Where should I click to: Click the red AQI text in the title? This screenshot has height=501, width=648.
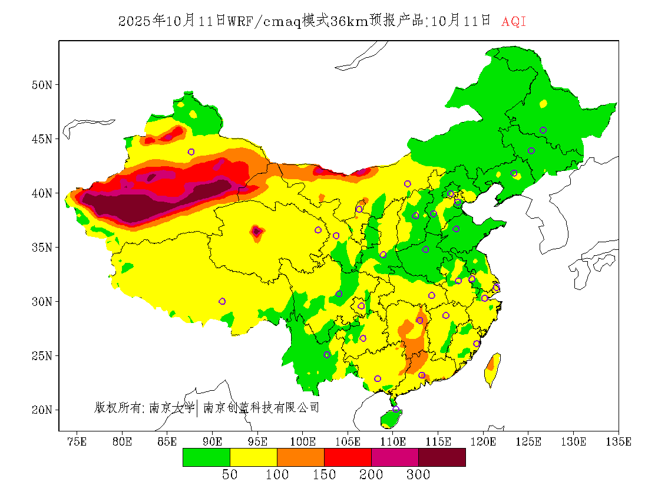(514, 22)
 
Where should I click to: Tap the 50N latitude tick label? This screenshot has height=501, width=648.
(41, 84)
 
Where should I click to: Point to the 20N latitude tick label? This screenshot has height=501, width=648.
(41, 410)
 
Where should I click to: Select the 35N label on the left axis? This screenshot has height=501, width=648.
(41, 247)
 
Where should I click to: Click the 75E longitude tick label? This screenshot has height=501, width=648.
(77, 441)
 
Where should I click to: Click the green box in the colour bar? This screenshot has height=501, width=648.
(206, 457)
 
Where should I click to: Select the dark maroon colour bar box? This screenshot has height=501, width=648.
(442, 457)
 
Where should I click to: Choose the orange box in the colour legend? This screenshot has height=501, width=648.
(300, 457)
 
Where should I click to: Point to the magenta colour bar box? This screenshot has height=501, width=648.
(395, 457)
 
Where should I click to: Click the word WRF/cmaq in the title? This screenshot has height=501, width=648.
(265, 22)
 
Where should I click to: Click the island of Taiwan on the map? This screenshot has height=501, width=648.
(492, 368)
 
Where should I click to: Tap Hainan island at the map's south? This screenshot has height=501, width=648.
(391, 418)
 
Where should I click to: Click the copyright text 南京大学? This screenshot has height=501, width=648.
(172, 407)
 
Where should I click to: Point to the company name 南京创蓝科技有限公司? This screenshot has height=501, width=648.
(261, 407)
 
